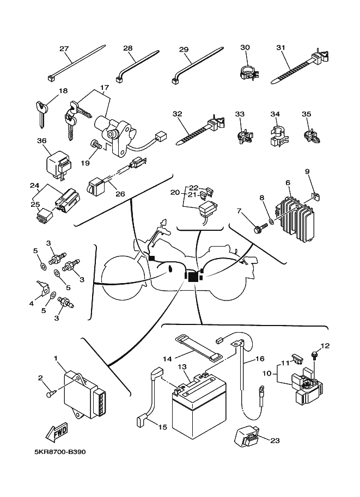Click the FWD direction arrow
[x=58, y=433]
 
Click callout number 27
[x=64, y=48]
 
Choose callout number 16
[x=259, y=359]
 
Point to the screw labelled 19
[x=94, y=145]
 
